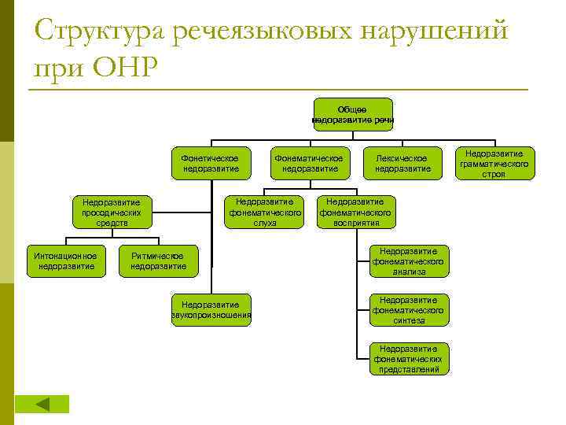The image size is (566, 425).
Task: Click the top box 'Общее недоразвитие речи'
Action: point(353,115)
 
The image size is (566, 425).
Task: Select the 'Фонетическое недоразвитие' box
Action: point(211,163)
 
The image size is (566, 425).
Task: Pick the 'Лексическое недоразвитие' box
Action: point(402,163)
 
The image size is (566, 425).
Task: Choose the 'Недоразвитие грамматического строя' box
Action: point(494,163)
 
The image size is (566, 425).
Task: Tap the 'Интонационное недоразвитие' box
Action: point(66,261)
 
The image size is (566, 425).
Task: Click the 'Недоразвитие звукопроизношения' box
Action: point(211,310)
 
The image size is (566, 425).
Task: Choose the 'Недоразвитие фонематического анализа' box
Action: point(409,261)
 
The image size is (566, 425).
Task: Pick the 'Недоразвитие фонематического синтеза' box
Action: point(409,310)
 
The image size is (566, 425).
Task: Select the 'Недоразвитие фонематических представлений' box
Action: point(409,359)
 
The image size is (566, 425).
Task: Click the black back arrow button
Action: point(42,404)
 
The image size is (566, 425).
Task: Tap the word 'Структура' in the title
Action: point(97,33)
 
